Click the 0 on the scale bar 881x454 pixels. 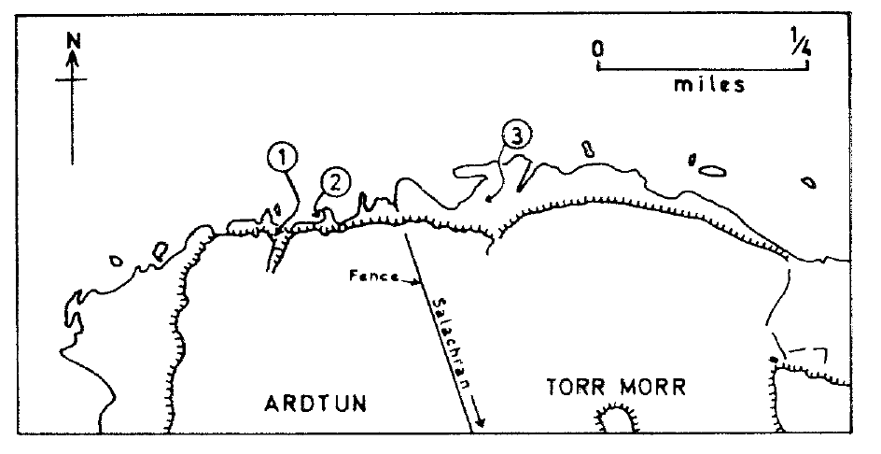click(598, 48)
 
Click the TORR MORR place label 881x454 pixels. click(602, 387)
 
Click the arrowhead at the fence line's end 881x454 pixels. click(481, 424)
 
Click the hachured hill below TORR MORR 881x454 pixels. click(616, 419)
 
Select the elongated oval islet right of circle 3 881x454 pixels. click(712, 171)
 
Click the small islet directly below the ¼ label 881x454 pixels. click(808, 183)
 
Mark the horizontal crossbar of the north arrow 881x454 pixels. click(72, 81)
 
